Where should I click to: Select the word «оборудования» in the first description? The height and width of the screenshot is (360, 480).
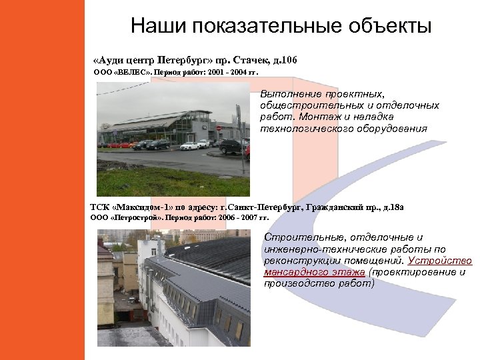[x=388, y=128]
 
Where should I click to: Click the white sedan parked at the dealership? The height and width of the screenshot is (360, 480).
[x=189, y=145]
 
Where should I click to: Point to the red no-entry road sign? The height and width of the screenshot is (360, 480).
[x=218, y=128]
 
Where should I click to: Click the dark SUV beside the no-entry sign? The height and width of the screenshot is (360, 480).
[x=231, y=146]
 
